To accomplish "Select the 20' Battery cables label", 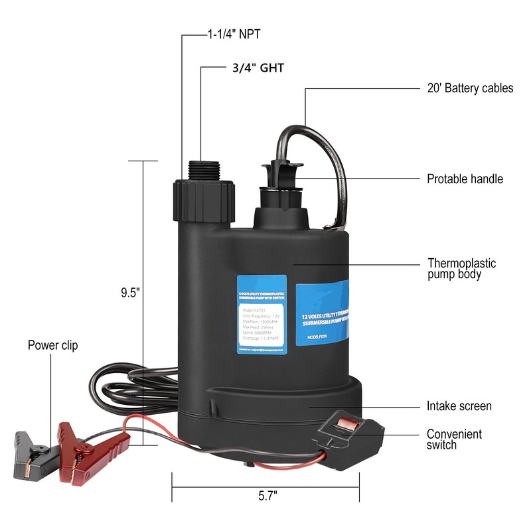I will (469, 88).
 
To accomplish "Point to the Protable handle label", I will (465, 179).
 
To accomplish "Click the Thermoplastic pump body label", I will (461, 269).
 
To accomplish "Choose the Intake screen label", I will (459, 406).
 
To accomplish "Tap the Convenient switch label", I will (455, 439).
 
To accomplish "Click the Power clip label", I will (52, 345).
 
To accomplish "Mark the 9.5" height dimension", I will (130, 291).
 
